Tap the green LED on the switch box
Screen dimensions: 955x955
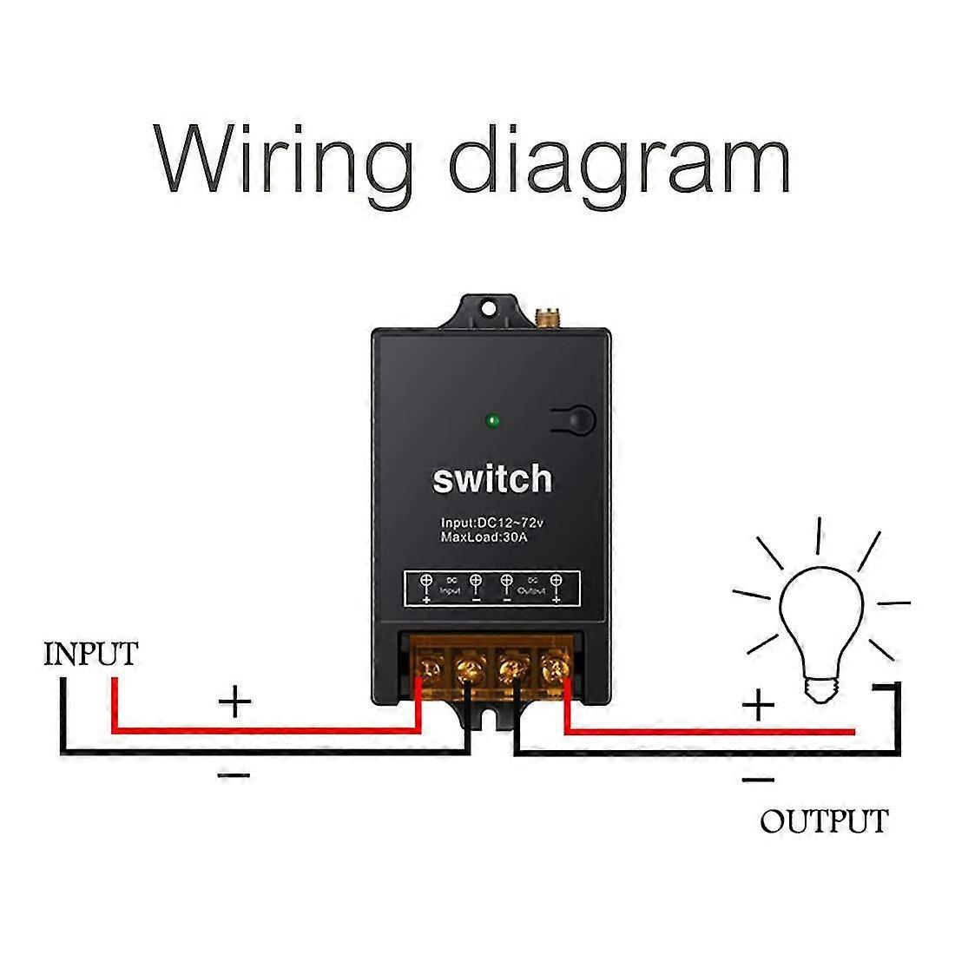point(492,422)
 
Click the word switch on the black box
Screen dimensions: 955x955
point(491,478)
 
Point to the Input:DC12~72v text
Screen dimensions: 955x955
point(491,523)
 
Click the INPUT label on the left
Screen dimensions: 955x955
point(90,654)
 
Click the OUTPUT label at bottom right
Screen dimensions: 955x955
point(823,820)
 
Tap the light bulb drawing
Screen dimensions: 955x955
point(820,612)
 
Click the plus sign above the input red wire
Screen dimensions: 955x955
point(234,700)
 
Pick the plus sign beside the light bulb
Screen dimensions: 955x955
point(758,704)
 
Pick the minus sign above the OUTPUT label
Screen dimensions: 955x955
point(758,780)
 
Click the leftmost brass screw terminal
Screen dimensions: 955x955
point(430,668)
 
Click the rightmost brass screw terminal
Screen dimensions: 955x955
point(553,668)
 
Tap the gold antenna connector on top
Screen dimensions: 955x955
point(547,319)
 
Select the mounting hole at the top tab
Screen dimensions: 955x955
point(489,307)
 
